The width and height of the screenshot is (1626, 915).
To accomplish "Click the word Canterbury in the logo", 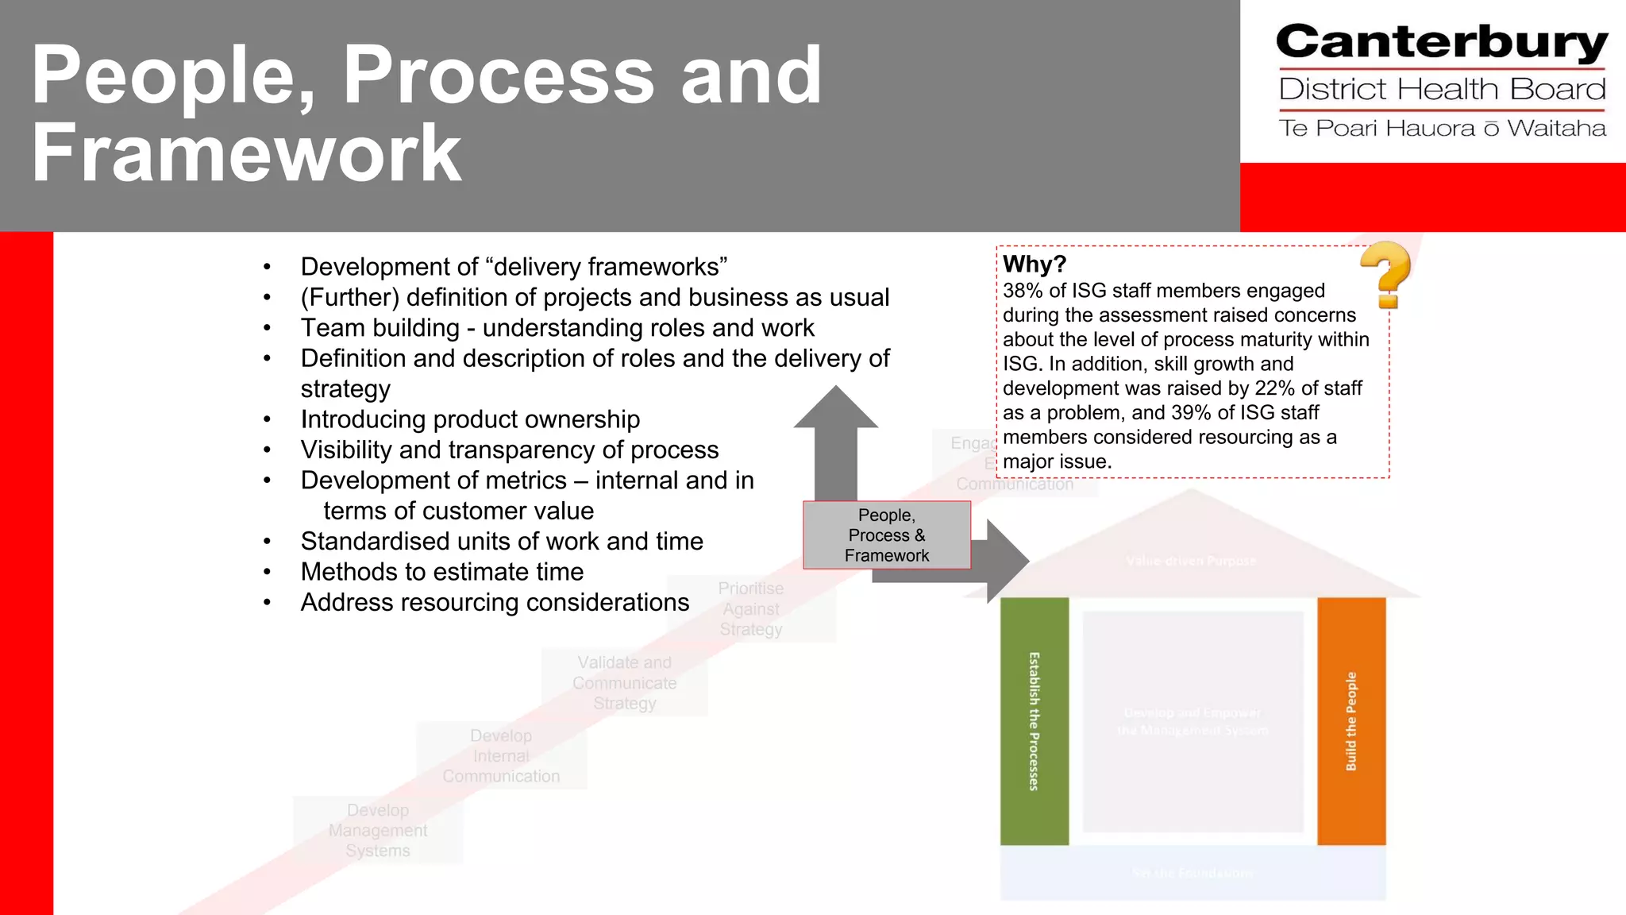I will click(x=1441, y=43).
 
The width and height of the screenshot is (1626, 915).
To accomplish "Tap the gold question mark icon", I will click(x=1386, y=274).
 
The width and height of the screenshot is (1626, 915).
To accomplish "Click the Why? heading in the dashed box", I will click(x=1034, y=264).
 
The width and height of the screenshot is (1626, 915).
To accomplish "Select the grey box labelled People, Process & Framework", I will click(x=886, y=535).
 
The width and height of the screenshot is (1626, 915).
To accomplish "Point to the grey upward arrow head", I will click(x=836, y=409).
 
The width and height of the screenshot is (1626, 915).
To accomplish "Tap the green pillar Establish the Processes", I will click(x=1034, y=720).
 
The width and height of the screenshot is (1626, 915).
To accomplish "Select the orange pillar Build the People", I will click(x=1351, y=720).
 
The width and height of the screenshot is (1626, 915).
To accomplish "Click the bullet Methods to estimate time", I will click(x=441, y=572).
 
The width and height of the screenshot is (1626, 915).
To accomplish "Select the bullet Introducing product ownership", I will click(x=470, y=419).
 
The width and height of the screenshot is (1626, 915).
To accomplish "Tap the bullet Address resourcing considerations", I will click(x=495, y=603).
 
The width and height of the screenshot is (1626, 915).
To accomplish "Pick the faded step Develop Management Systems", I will click(x=378, y=830).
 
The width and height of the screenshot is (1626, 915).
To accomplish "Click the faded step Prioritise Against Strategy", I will click(x=751, y=609).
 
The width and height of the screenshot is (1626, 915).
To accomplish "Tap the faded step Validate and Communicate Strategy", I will click(x=625, y=683).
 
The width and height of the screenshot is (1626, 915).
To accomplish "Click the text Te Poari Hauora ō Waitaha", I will click(x=1441, y=129).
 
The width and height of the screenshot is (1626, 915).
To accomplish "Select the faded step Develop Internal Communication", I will click(x=501, y=756).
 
